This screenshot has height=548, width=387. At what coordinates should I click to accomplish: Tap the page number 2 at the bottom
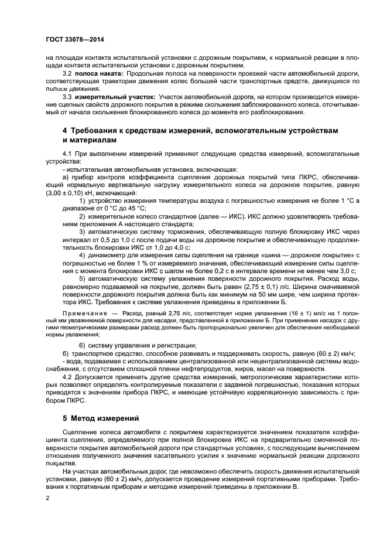coord(48,497)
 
